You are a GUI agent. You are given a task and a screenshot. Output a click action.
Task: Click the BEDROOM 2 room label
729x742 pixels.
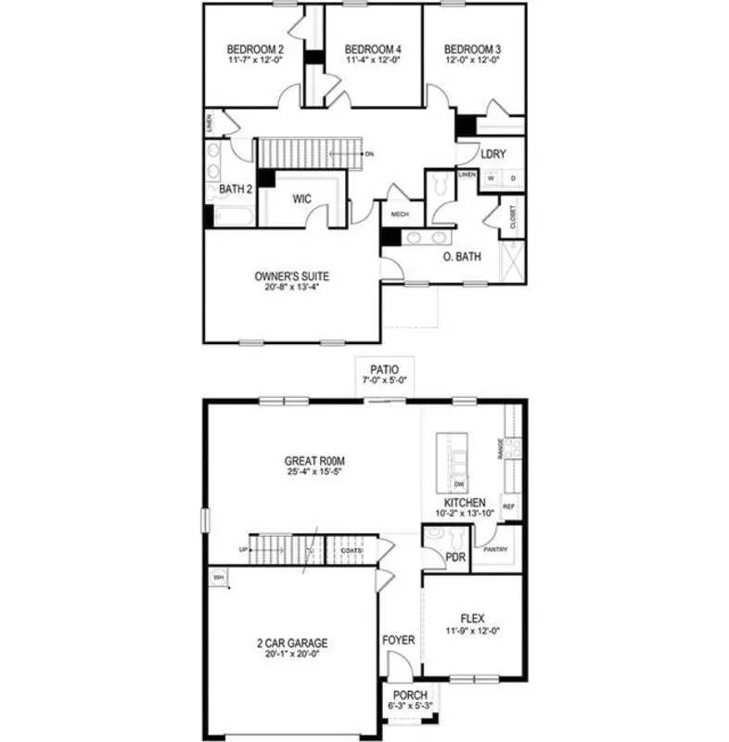tap(255, 49)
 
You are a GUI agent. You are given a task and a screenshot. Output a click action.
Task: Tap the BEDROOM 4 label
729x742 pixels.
tap(372, 49)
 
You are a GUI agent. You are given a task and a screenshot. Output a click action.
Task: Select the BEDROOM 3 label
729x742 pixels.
tap(471, 49)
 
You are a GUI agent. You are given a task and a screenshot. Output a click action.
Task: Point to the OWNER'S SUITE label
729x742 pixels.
tap(292, 275)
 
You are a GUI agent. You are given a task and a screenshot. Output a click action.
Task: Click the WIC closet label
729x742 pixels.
tap(301, 198)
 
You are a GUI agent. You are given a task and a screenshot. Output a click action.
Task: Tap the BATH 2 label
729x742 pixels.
tap(236, 189)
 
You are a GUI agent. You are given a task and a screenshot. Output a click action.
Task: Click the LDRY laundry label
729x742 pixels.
tap(494, 154)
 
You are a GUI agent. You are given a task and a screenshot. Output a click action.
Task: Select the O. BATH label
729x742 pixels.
tap(461, 257)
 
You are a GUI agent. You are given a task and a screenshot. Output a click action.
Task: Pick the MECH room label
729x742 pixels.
tap(401, 213)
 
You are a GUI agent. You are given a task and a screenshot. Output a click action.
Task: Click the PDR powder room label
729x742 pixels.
tap(455, 557)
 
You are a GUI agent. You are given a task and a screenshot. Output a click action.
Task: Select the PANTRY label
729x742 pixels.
tap(495, 549)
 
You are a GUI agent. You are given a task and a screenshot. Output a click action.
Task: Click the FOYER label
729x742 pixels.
tap(399, 640)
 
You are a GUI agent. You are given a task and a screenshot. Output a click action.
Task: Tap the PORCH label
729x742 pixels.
tap(408, 696)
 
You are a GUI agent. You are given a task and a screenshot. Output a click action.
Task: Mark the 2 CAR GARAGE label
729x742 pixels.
tap(291, 643)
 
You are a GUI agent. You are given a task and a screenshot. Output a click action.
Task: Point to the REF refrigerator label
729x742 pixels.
tap(508, 507)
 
